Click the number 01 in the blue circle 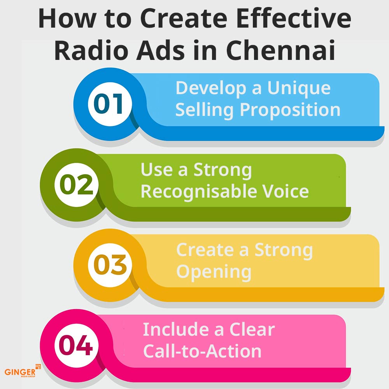[x=109, y=104]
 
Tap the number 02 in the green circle [x=76, y=184]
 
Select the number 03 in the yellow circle [x=110, y=265]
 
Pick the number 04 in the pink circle [x=76, y=345]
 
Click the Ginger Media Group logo [x=23, y=371]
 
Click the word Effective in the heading [x=294, y=19]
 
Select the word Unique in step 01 [x=299, y=89]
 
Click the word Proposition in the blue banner [x=290, y=110]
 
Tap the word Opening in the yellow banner [x=214, y=272]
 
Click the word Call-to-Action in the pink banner [x=202, y=351]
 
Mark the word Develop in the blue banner [x=211, y=89]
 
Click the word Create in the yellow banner [x=205, y=250]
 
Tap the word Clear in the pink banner [x=252, y=329]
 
